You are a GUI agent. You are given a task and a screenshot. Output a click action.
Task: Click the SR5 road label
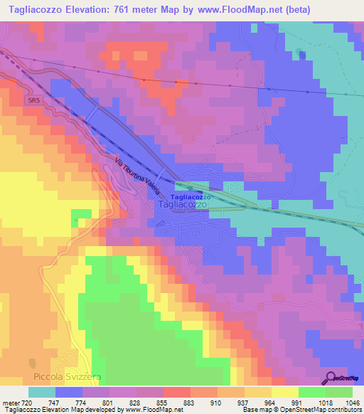point(33,102)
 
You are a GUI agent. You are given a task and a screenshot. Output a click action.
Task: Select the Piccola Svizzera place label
point(57,376)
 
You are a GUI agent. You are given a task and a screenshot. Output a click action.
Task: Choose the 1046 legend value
point(353,402)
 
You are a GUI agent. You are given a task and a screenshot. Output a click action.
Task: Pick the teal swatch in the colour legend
point(42,392)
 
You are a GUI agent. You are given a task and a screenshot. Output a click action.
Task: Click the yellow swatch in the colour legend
point(284,392)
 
